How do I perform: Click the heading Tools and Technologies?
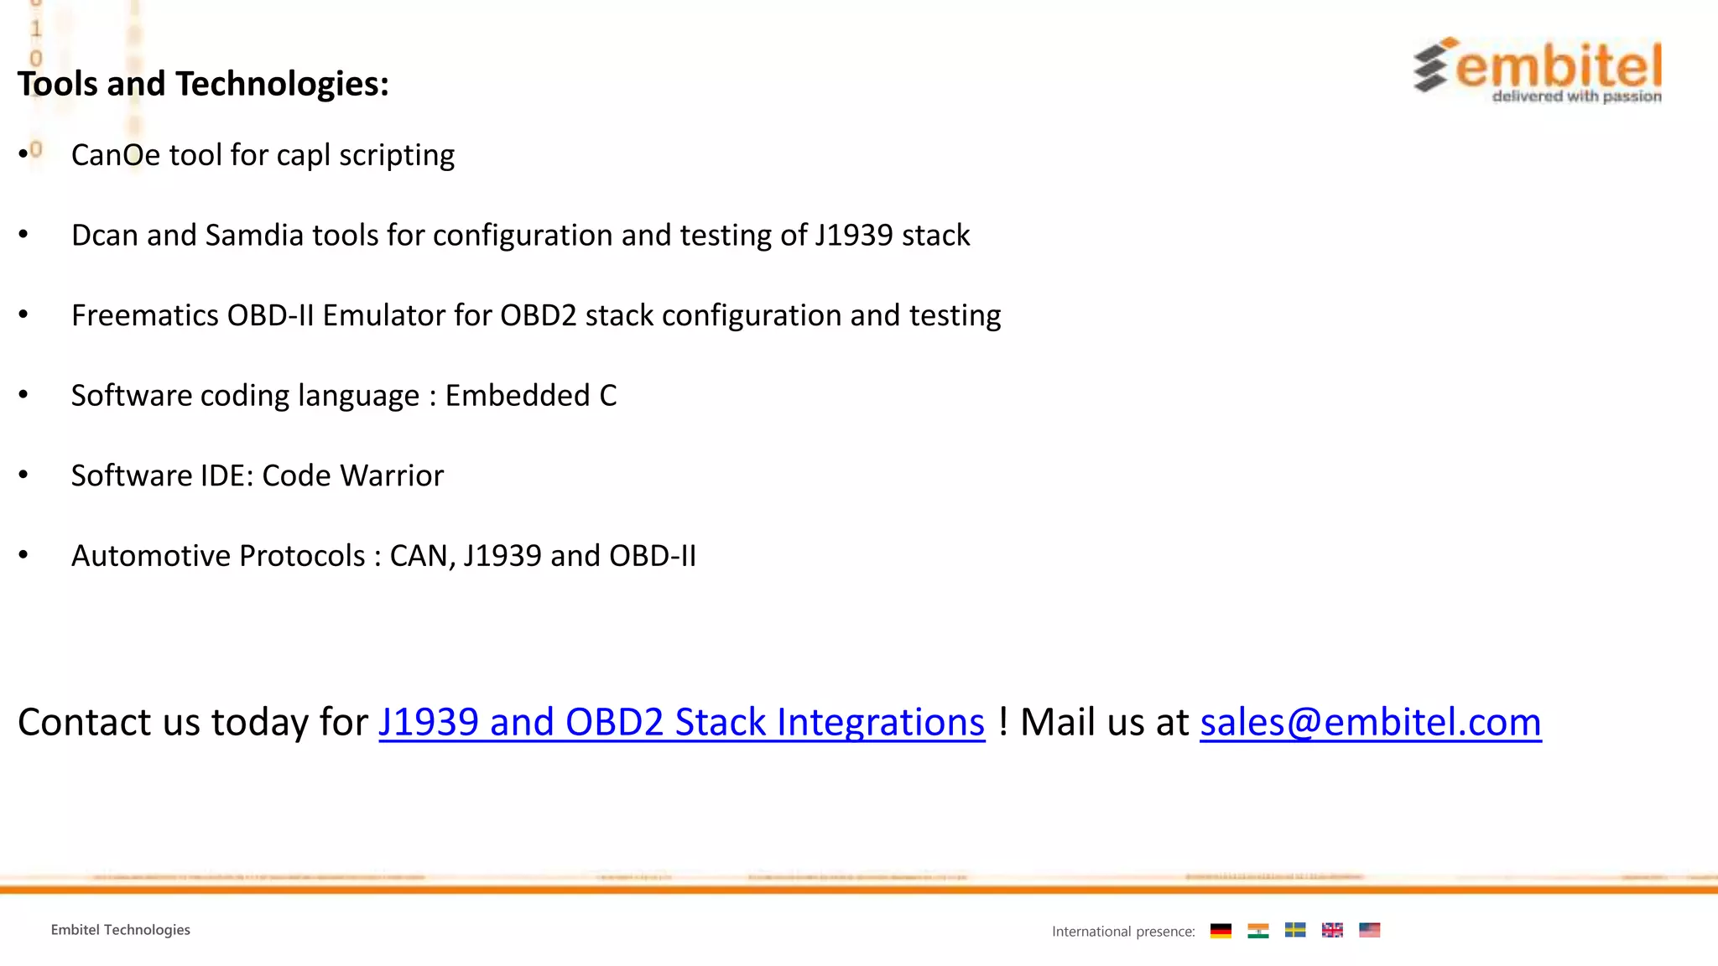(x=203, y=84)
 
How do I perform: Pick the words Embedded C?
(x=530, y=395)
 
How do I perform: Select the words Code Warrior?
(x=352, y=475)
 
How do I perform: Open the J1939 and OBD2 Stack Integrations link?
(x=681, y=722)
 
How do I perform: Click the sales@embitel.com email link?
(x=1370, y=722)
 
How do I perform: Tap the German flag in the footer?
(x=1221, y=931)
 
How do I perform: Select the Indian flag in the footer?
(x=1257, y=931)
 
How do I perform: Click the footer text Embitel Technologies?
(x=120, y=930)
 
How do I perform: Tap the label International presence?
(x=1123, y=932)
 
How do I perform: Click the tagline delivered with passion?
(x=1576, y=96)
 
